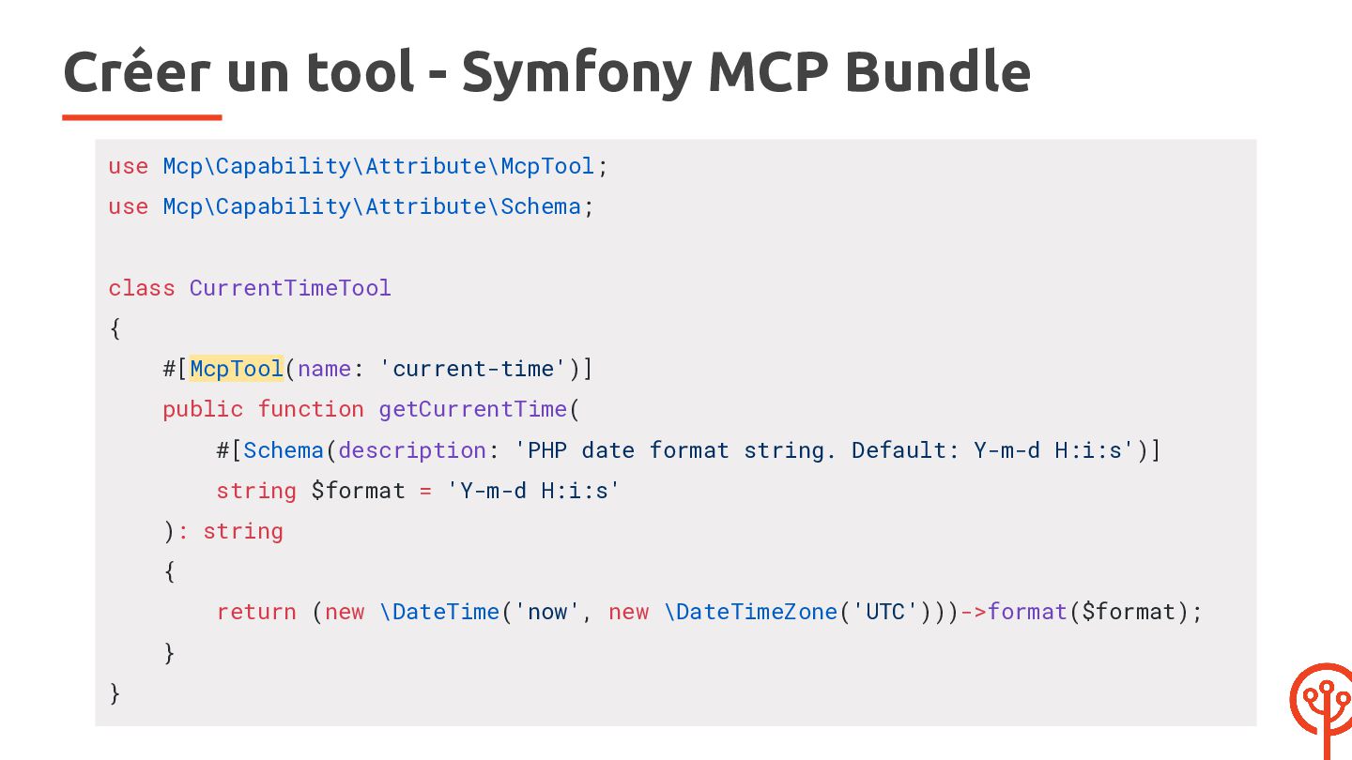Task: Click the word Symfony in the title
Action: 576,72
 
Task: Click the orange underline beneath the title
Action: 142,117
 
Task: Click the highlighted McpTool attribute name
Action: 236,369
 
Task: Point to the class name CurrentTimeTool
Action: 290,288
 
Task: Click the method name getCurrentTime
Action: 472,409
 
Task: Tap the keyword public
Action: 203,409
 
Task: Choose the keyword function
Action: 311,409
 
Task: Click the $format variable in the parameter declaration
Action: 358,491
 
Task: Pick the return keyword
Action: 256,612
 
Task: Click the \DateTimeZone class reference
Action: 751,612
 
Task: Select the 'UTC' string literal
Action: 885,612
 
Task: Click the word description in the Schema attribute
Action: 412,450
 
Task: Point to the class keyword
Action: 142,288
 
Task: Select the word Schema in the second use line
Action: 540,206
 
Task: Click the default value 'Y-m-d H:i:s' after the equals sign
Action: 533,491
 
